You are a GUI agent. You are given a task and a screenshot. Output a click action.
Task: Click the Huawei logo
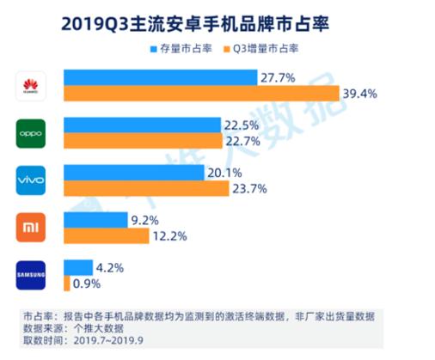(x=32, y=84)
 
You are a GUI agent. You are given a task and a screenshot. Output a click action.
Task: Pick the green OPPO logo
(x=32, y=132)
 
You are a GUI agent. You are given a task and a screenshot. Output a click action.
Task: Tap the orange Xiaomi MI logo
(x=32, y=229)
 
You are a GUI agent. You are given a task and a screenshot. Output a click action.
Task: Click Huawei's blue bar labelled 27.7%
(x=159, y=77)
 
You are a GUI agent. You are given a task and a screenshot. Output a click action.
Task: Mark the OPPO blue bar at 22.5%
(x=141, y=125)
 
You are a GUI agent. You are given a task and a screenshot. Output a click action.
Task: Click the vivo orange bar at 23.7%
(x=146, y=188)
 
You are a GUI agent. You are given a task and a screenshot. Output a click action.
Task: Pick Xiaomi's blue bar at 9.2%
(x=95, y=220)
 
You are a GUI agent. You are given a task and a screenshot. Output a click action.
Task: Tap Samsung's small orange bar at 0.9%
(x=66, y=283)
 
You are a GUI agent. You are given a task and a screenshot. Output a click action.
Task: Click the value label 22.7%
(x=242, y=141)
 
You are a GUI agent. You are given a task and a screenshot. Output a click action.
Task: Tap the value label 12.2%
(x=168, y=235)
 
